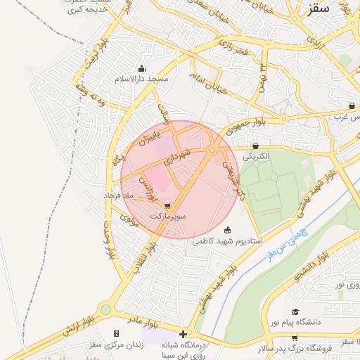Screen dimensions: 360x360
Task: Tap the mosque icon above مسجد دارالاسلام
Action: click(142, 69)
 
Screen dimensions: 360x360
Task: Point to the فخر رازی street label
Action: click(233, 51)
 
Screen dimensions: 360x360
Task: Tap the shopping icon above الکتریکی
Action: click(255, 146)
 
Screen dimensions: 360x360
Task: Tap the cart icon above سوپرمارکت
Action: click(167, 206)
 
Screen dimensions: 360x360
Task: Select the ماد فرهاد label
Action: click(118, 193)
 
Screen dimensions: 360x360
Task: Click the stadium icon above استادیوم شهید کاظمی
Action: click(227, 230)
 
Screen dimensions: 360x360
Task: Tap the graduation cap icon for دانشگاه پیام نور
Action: click(295, 311)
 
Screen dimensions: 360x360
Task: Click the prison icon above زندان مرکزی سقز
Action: click(116, 333)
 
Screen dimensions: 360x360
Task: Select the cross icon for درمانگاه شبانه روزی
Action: click(184, 333)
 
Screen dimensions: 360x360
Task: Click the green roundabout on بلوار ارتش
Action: click(105, 309)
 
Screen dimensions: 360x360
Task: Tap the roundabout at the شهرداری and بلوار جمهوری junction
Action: click(212, 149)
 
